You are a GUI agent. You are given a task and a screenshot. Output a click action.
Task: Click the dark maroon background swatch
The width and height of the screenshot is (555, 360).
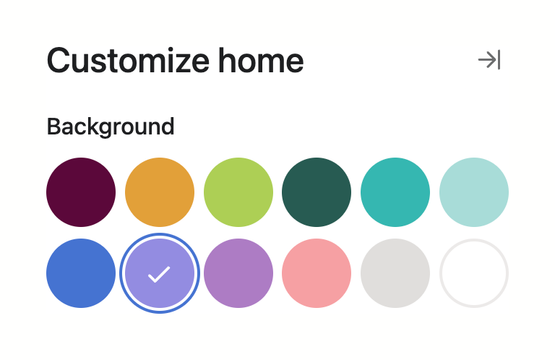click(81, 192)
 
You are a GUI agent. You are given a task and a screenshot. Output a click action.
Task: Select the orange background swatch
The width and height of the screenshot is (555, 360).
click(160, 192)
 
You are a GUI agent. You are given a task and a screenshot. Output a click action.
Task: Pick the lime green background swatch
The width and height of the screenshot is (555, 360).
click(238, 192)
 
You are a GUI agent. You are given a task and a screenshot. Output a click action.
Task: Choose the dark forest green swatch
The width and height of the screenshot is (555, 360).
click(317, 192)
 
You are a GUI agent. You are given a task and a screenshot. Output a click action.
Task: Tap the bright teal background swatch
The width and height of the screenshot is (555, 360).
click(395, 192)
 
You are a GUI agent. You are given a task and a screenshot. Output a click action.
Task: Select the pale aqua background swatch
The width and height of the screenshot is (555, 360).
click(474, 192)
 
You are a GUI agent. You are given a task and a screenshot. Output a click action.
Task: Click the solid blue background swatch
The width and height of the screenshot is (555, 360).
click(81, 273)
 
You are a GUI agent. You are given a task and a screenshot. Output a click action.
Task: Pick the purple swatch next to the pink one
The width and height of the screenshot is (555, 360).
click(238, 273)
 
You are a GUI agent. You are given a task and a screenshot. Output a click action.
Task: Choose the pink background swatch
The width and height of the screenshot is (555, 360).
click(317, 273)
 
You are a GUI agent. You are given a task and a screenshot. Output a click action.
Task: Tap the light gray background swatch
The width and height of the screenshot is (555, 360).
click(395, 273)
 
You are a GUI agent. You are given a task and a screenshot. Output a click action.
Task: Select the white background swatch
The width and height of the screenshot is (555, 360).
click(474, 273)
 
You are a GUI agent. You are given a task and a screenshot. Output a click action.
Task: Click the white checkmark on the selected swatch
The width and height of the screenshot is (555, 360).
click(159, 274)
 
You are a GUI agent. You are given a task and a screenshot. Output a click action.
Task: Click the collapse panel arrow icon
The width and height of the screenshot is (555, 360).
click(489, 60)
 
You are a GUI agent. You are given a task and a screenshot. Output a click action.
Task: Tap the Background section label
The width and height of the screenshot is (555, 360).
click(111, 127)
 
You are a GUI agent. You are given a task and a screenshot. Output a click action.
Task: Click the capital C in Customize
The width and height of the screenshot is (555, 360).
click(59, 61)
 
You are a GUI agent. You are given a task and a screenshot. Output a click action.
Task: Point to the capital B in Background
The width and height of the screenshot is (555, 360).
click(53, 127)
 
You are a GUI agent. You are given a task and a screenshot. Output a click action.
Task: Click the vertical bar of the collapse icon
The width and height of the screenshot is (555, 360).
click(499, 60)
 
